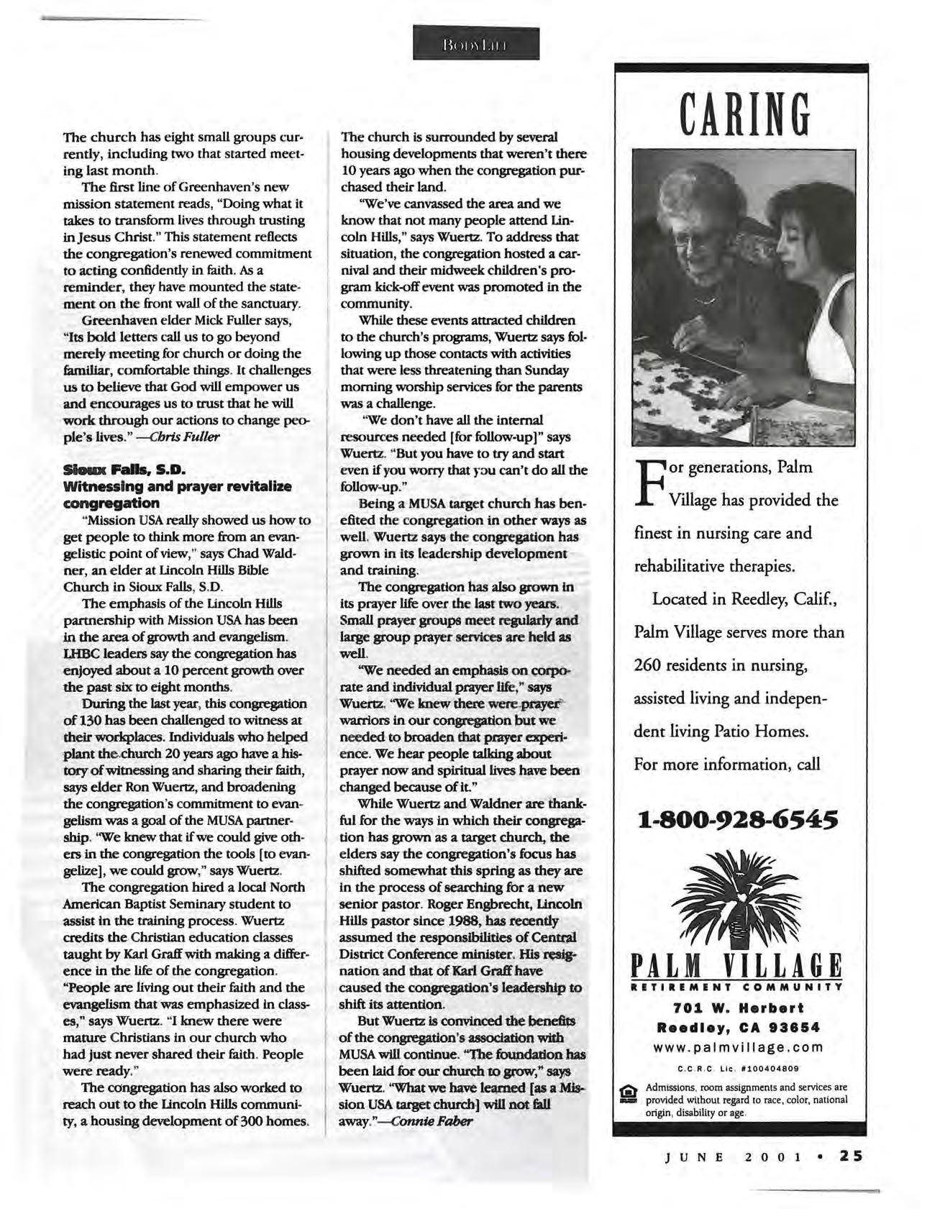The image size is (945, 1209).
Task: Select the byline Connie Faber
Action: click(432, 1121)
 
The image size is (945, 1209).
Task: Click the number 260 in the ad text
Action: click(649, 665)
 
